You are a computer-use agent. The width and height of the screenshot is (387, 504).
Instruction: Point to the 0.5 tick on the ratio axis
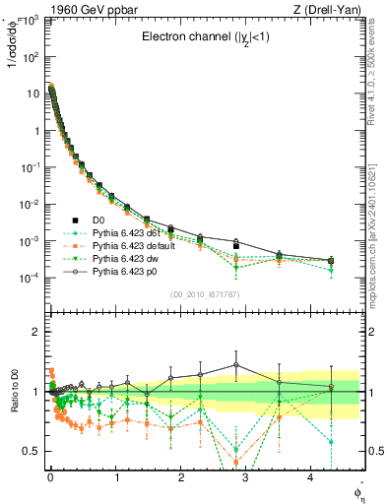(x=31, y=451)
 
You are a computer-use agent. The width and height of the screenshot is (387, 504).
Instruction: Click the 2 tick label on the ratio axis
(x=35, y=332)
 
